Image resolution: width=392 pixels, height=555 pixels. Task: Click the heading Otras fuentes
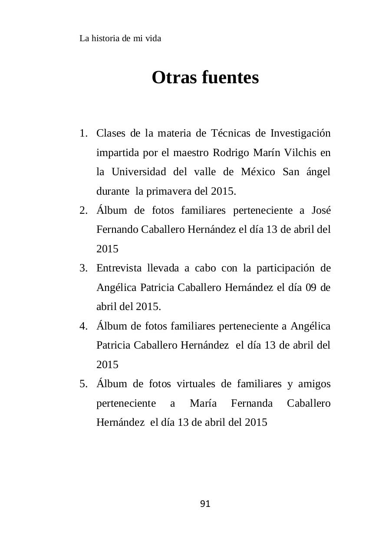pos(205,78)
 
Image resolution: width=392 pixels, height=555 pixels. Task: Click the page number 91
pos(205,504)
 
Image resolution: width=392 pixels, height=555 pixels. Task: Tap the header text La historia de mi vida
pos(120,39)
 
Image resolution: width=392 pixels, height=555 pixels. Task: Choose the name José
pos(321,210)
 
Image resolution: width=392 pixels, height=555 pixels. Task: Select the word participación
pos(285,268)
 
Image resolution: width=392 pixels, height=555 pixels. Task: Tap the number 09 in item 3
pos(311,287)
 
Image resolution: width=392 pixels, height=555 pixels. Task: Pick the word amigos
pos(314,384)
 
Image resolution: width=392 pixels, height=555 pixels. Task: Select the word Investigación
pos(300,133)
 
